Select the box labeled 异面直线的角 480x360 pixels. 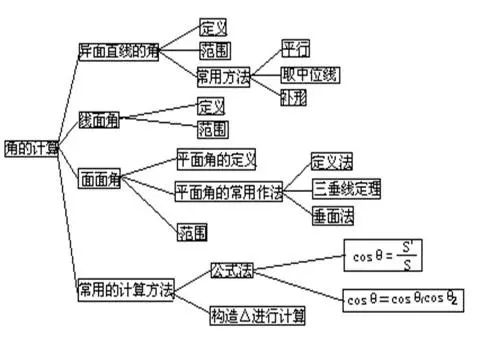coord(119,49)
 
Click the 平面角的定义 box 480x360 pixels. coord(216,160)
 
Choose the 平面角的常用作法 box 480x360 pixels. coord(229,189)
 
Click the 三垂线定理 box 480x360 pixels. coord(346,188)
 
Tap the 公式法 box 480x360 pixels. coord(231,270)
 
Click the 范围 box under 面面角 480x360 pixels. coord(192,232)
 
